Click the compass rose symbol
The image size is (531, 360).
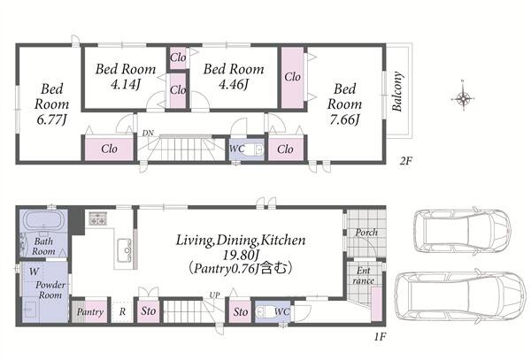point(463,98)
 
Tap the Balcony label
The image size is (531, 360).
point(397,91)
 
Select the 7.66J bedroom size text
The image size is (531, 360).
point(344,119)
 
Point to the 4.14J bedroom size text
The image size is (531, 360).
point(126,84)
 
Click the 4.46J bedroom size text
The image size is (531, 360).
point(234,84)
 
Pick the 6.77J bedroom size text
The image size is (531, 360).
point(51,119)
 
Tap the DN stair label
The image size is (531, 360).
point(148,133)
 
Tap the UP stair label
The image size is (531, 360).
point(214,295)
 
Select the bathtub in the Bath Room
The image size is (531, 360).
point(44,221)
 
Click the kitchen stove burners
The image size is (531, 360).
point(98,218)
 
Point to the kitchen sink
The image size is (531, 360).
point(124,250)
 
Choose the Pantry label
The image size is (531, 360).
point(89,311)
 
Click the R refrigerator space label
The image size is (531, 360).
point(122,311)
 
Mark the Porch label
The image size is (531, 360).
point(366,233)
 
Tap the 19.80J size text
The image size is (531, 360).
point(241,255)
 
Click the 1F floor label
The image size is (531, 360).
point(381,337)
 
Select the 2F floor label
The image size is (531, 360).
point(405,160)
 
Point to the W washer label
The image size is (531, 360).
point(34,272)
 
